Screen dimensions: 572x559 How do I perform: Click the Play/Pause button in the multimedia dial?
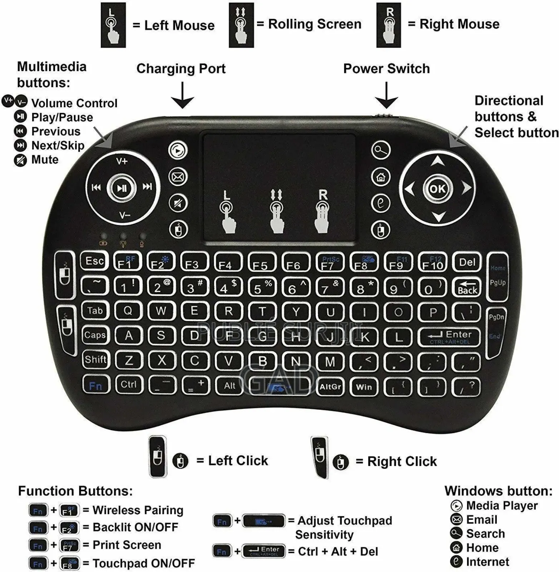point(122,188)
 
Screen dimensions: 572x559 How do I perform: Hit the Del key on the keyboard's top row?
point(467,262)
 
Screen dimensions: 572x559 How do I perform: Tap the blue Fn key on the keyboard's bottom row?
point(95,386)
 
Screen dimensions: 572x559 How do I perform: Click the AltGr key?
point(330,386)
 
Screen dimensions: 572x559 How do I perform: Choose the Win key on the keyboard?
point(364,386)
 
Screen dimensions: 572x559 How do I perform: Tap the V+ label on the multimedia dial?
point(122,162)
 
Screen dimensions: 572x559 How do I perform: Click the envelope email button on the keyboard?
point(178,177)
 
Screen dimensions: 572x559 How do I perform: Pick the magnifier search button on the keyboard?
point(381,150)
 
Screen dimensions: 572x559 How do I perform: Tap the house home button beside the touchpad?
point(381,177)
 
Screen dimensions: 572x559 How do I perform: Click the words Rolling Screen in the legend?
point(315,24)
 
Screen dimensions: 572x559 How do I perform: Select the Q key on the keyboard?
point(128,311)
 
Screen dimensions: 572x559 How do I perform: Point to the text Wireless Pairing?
point(138,510)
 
